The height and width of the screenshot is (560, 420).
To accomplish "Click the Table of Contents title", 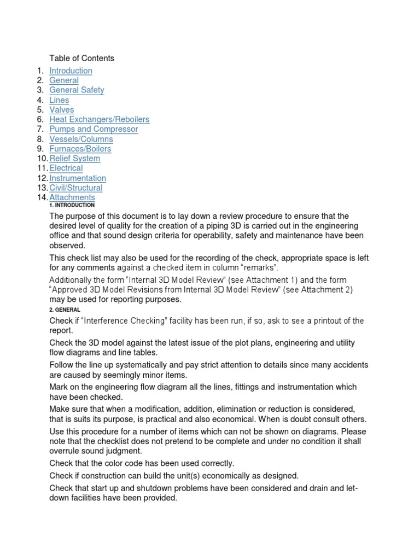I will coord(81,58).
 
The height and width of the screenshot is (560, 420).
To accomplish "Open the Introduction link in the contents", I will coord(71,71).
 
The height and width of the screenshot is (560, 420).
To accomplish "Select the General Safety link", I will coord(77,90).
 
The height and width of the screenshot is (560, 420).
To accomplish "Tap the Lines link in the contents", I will coord(59,100).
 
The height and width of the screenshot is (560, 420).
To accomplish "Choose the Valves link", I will coord(61,109).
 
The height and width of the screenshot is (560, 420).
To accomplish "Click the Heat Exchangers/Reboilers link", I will coord(99,119).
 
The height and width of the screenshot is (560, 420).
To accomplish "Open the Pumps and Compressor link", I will coord(94,129).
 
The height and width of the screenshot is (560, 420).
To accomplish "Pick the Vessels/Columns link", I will coord(81,139).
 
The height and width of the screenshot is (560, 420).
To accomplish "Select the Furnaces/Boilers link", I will coord(80,149).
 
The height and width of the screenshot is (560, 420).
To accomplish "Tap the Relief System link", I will coord(74,159).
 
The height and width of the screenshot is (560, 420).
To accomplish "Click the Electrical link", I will coord(66,168).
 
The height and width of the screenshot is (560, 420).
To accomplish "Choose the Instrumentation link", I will coord(78,178).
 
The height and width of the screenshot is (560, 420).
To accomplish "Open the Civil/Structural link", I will coord(76,188).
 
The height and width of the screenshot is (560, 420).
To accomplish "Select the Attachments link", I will coord(72,197).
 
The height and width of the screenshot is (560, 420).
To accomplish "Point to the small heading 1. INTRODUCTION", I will coord(72,205).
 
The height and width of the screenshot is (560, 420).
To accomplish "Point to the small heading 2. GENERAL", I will coord(65,310).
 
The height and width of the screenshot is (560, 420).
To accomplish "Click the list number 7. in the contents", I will coord(40,129).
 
